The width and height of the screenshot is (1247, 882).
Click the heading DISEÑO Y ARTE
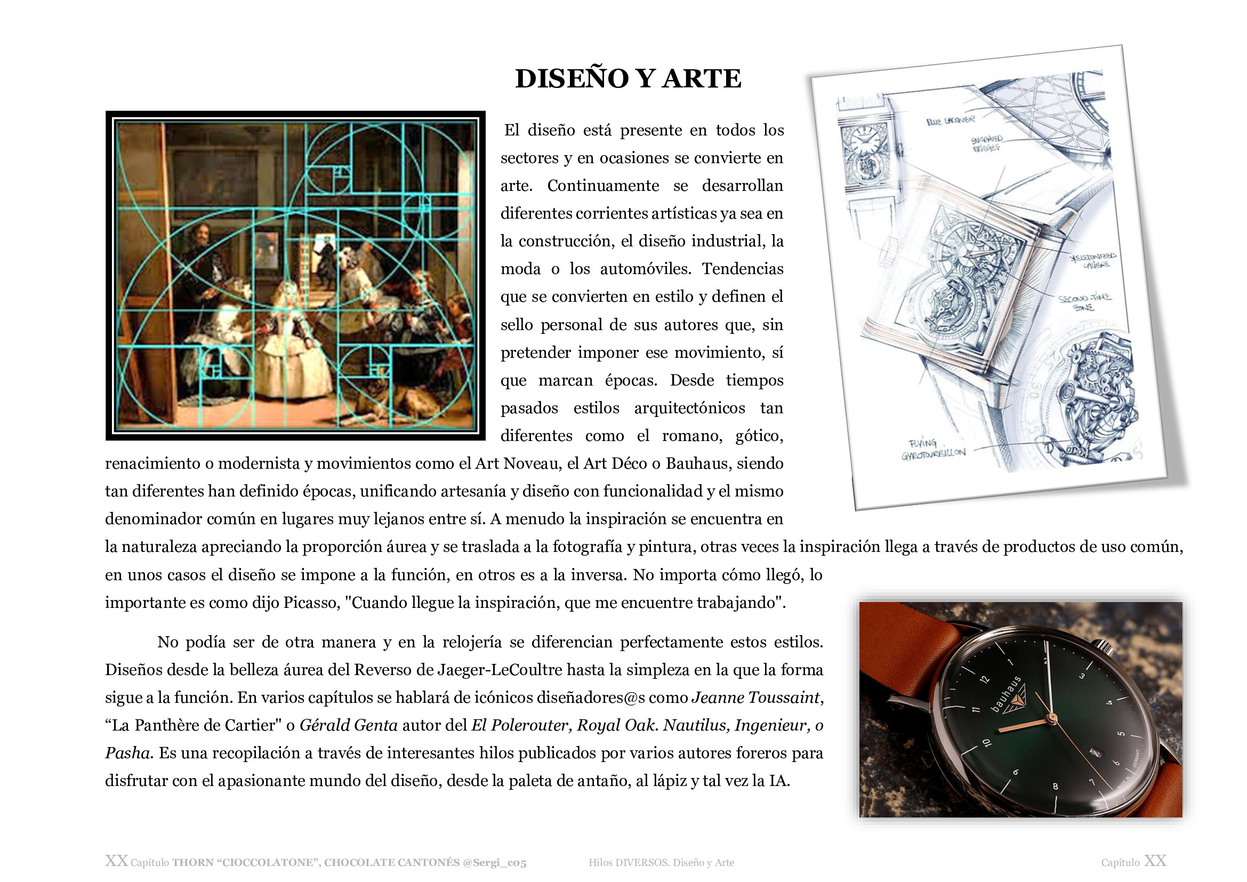click(x=628, y=79)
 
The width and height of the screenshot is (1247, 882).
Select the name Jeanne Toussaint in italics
click(x=755, y=697)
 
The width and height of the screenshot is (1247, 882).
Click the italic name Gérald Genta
click(x=349, y=726)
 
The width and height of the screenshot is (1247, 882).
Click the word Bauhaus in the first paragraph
click(x=697, y=463)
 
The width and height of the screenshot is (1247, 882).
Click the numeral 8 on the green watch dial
click(x=1055, y=786)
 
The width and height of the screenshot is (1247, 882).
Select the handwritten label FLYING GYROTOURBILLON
click(x=932, y=449)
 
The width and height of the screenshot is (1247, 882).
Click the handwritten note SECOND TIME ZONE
click(x=1084, y=302)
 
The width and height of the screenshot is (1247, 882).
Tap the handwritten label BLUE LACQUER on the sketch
click(x=951, y=120)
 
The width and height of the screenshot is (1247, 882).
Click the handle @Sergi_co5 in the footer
click(x=494, y=862)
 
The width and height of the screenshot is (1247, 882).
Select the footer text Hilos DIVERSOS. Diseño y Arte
click(x=661, y=862)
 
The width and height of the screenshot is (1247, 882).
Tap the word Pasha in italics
click(x=127, y=753)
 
